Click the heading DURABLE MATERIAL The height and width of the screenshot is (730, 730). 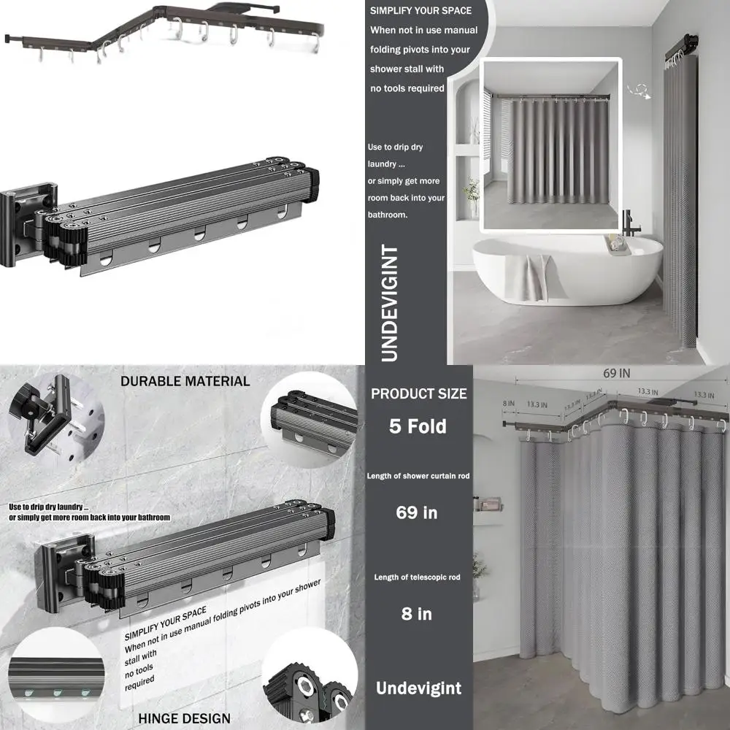pyautogui.click(x=185, y=381)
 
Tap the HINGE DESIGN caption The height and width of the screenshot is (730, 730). pyautogui.click(x=185, y=718)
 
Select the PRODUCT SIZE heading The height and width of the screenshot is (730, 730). pyautogui.click(x=418, y=394)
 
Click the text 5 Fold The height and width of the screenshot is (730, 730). pyautogui.click(x=418, y=426)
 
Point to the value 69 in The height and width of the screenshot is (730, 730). pyautogui.click(x=417, y=512)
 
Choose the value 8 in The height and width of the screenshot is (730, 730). pyautogui.click(x=417, y=614)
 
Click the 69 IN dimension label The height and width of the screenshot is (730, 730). pyautogui.click(x=616, y=373)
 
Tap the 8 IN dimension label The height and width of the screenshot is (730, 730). pyautogui.click(x=508, y=403)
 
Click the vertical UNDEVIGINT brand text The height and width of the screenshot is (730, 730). pyautogui.click(x=390, y=303)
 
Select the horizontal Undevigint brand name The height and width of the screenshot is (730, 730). pyautogui.click(x=418, y=688)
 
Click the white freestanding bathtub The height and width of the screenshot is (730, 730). pyautogui.click(x=567, y=269)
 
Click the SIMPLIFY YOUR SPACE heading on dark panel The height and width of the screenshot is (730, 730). pyautogui.click(x=421, y=11)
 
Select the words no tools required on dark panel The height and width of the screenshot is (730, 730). pyautogui.click(x=407, y=88)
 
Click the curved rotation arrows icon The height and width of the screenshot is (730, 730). pyautogui.click(x=639, y=91)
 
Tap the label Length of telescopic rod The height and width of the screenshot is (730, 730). pyautogui.click(x=417, y=577)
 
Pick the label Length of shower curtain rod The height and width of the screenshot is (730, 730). pyautogui.click(x=418, y=476)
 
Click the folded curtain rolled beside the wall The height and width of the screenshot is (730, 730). pyautogui.click(x=680, y=200)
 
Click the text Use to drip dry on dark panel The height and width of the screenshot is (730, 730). pyautogui.click(x=395, y=147)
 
